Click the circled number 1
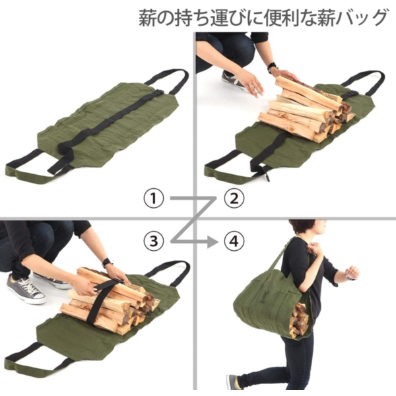(x=154, y=199)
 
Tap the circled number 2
(x=234, y=199)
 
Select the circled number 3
(x=154, y=241)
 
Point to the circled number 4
(x=234, y=241)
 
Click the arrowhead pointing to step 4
(x=212, y=242)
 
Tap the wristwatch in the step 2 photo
(x=272, y=67)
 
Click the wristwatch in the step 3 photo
(x=108, y=263)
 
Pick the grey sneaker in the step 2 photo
(x=234, y=81)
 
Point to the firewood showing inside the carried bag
(x=298, y=320)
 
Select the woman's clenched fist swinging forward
(x=352, y=273)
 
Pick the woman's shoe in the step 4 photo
(x=232, y=382)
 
